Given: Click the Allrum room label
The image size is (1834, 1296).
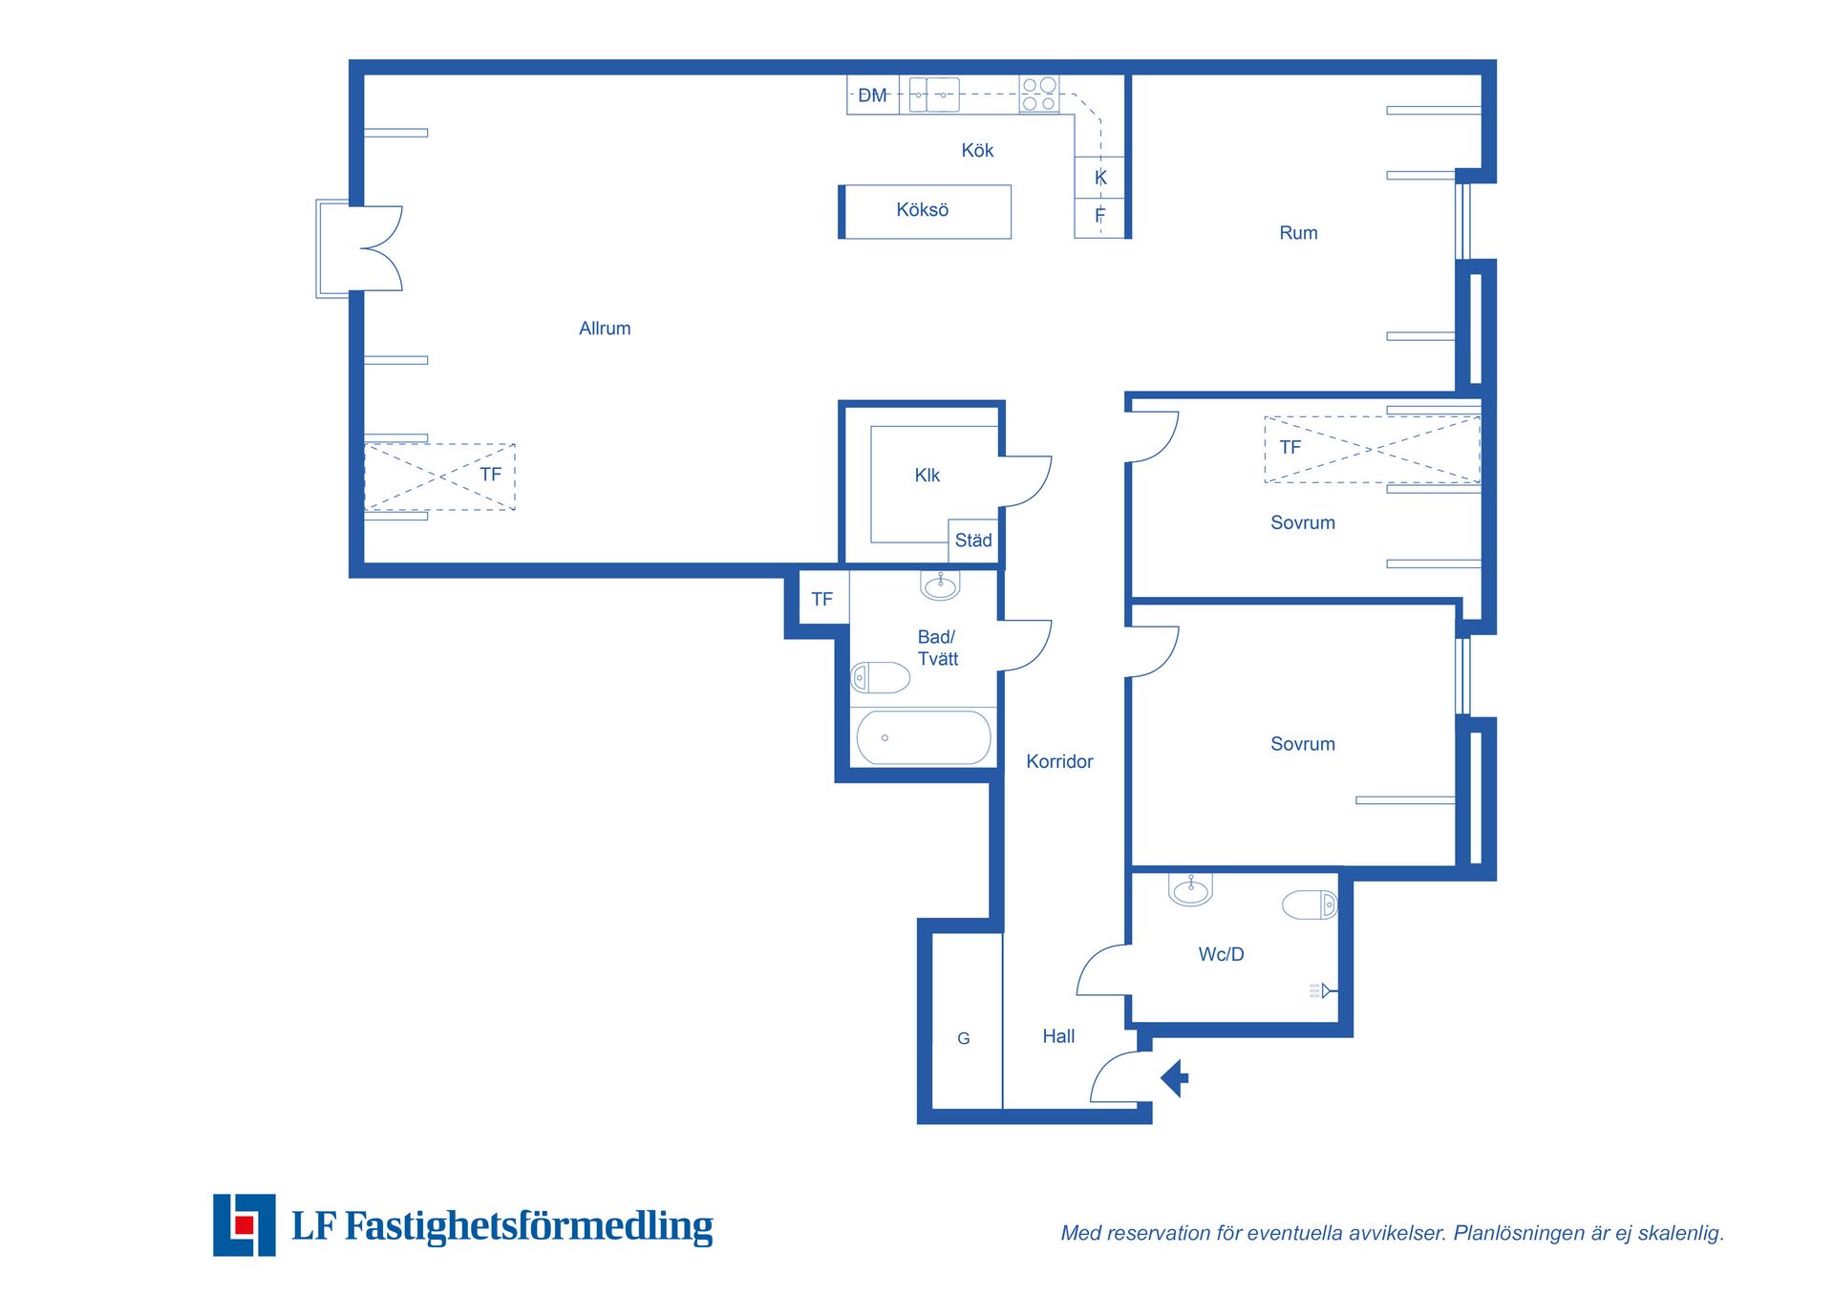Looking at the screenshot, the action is coord(605,329).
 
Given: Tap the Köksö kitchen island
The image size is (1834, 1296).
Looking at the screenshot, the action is coord(925,212).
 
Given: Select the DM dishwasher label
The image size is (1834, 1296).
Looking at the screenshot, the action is coord(873,96).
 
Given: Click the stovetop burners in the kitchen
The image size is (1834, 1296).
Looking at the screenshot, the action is coord(1039,95).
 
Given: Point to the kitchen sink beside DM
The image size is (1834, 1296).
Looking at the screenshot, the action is coord(934,95).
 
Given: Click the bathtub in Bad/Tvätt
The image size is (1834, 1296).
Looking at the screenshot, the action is coord(924,737).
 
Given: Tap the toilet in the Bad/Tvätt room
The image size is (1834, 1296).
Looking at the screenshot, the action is coord(881,677).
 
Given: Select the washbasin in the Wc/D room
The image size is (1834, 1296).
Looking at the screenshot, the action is coord(1190,889).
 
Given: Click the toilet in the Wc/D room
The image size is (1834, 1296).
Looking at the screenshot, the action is coord(1310,904).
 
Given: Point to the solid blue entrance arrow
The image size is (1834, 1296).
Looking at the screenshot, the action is coord(1175,1078).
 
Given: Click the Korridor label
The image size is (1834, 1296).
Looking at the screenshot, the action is coord(1059,762).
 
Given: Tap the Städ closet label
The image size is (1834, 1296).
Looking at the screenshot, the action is coord(973,541).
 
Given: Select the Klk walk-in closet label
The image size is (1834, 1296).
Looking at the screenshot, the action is coord(928,476).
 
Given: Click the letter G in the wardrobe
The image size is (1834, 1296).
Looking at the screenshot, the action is coord(964,1038).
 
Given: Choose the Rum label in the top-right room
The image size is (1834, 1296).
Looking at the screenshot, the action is coord(1298,233).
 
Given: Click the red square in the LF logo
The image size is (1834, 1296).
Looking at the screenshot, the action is coord(245,1224).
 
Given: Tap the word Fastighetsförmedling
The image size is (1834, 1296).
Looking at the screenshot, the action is coord(529,1226).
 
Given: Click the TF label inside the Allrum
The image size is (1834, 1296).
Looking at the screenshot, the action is coord(491,475).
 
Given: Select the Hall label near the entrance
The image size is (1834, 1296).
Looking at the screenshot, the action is coord(1058,1037).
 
